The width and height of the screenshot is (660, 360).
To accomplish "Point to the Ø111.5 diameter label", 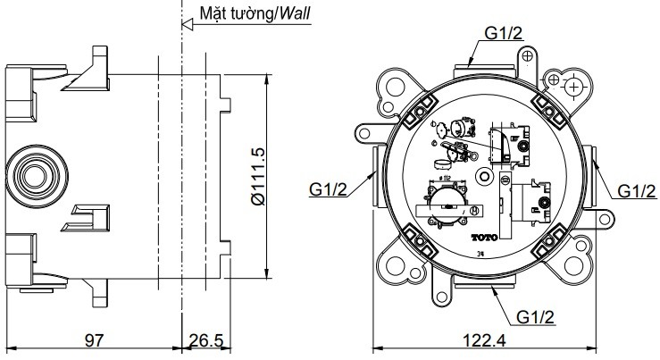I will (257, 177).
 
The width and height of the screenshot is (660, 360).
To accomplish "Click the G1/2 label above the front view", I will (505, 33).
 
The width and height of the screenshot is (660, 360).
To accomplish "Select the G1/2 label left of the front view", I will (330, 188).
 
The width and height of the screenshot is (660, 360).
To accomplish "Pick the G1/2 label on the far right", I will (636, 189).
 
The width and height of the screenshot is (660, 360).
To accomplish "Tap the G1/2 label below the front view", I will (538, 316).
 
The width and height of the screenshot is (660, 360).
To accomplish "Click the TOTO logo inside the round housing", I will (481, 239).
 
